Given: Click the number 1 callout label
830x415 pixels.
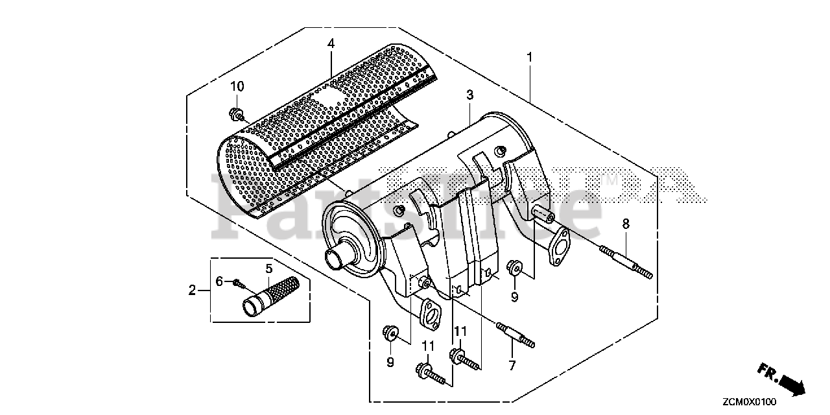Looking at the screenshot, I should click(529, 58).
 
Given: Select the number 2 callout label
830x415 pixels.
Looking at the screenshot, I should click(192, 290).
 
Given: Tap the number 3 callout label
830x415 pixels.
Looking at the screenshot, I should click(469, 95).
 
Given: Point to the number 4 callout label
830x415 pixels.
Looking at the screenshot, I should click(331, 43).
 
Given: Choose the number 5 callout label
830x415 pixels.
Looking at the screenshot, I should click(268, 267).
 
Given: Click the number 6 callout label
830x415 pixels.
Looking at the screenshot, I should click(219, 281).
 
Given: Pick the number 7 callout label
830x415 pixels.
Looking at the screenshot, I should click(512, 366).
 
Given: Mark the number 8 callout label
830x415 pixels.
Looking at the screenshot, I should click(625, 224).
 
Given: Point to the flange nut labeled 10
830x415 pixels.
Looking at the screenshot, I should click(237, 116).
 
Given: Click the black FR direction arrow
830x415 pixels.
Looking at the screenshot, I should click(792, 385).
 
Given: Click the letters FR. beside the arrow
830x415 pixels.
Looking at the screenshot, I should click(767, 371).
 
